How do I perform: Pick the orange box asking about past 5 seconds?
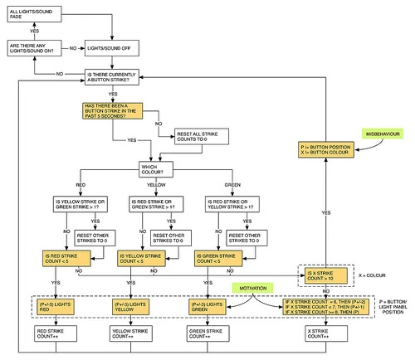click(x=117, y=112)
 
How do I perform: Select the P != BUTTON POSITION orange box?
click(x=326, y=150)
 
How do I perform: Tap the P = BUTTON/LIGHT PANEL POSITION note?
click(x=393, y=307)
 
